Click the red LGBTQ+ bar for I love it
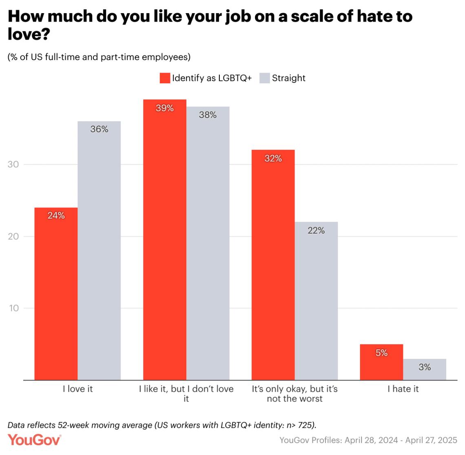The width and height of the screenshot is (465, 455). (56, 294)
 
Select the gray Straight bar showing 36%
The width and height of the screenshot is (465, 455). (99, 250)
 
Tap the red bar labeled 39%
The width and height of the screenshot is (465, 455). (164, 240)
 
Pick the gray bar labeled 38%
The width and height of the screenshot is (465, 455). (208, 243)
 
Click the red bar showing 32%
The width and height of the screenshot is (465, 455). (273, 265)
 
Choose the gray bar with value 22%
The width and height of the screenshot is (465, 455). (316, 301)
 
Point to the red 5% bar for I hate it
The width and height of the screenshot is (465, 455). (381, 362)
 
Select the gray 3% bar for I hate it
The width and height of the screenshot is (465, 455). (425, 370)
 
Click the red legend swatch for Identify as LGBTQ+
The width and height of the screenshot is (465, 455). (165, 78)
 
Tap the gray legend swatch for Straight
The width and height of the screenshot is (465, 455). (265, 78)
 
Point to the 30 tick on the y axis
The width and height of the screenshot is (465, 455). (13, 165)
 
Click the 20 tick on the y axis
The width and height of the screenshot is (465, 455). (13, 236)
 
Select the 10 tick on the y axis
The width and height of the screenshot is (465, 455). (13, 308)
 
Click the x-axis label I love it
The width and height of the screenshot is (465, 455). (77, 389)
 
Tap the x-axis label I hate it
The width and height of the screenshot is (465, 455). (403, 389)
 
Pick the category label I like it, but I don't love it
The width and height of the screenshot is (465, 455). (186, 393)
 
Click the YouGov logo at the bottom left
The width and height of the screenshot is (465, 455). (34, 440)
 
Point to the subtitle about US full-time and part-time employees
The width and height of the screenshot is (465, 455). (99, 57)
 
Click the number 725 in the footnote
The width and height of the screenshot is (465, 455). (305, 425)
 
